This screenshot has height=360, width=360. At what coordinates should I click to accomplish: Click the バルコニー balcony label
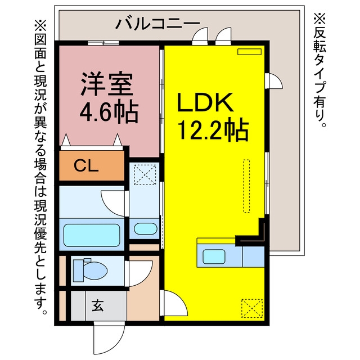157,24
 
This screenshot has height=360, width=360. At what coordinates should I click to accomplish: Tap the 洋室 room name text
107,84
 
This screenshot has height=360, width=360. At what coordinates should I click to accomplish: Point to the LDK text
205,102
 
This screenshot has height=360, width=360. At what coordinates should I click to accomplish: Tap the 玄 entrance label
98,305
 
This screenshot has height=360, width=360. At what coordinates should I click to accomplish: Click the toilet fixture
90,270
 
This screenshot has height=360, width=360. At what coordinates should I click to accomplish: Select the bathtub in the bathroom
92,235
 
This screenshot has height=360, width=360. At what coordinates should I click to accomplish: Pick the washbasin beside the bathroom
146,229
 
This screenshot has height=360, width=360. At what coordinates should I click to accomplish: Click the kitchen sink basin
214,256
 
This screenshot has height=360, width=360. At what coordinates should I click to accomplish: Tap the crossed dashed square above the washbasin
145,174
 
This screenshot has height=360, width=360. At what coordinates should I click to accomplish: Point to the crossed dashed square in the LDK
252,308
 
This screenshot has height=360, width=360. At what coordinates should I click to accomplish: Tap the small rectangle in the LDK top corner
249,52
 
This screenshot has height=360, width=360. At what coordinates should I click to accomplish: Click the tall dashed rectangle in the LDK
246,186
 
